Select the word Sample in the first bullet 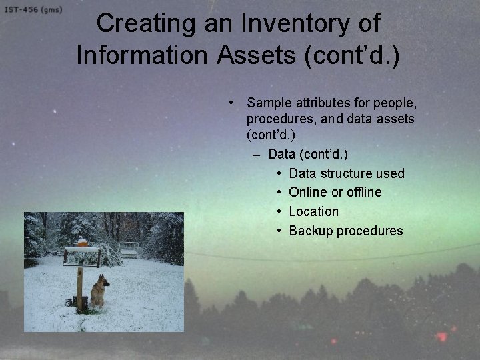[x=269, y=103]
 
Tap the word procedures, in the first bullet [x=275, y=119]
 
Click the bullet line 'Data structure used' [x=347, y=173]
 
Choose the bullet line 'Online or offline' [x=335, y=192]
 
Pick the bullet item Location [x=313, y=211]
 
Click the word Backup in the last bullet [x=311, y=231]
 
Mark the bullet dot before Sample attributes [x=229, y=103]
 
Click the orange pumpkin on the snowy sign [x=82, y=243]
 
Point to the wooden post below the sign [x=79, y=287]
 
